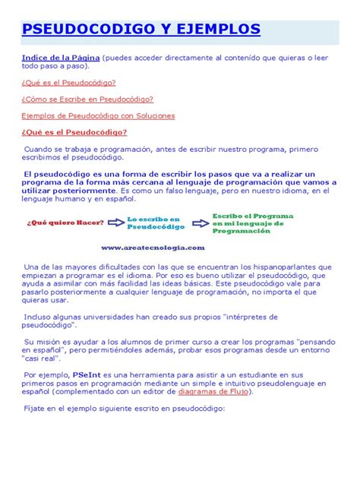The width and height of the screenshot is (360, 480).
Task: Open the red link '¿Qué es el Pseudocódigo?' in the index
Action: point(68,82)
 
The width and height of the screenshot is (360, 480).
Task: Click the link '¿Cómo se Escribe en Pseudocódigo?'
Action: point(87,99)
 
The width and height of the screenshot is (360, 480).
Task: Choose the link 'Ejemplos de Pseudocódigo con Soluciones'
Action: point(98,115)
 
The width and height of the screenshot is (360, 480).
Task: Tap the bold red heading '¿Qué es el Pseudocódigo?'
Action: point(74,132)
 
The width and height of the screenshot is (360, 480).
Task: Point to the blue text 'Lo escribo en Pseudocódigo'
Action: point(156,223)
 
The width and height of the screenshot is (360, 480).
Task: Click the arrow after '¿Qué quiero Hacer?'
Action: point(116,222)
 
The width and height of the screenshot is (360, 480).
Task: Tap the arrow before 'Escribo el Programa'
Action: point(201,223)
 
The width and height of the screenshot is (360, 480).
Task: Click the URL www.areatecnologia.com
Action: point(153,247)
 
